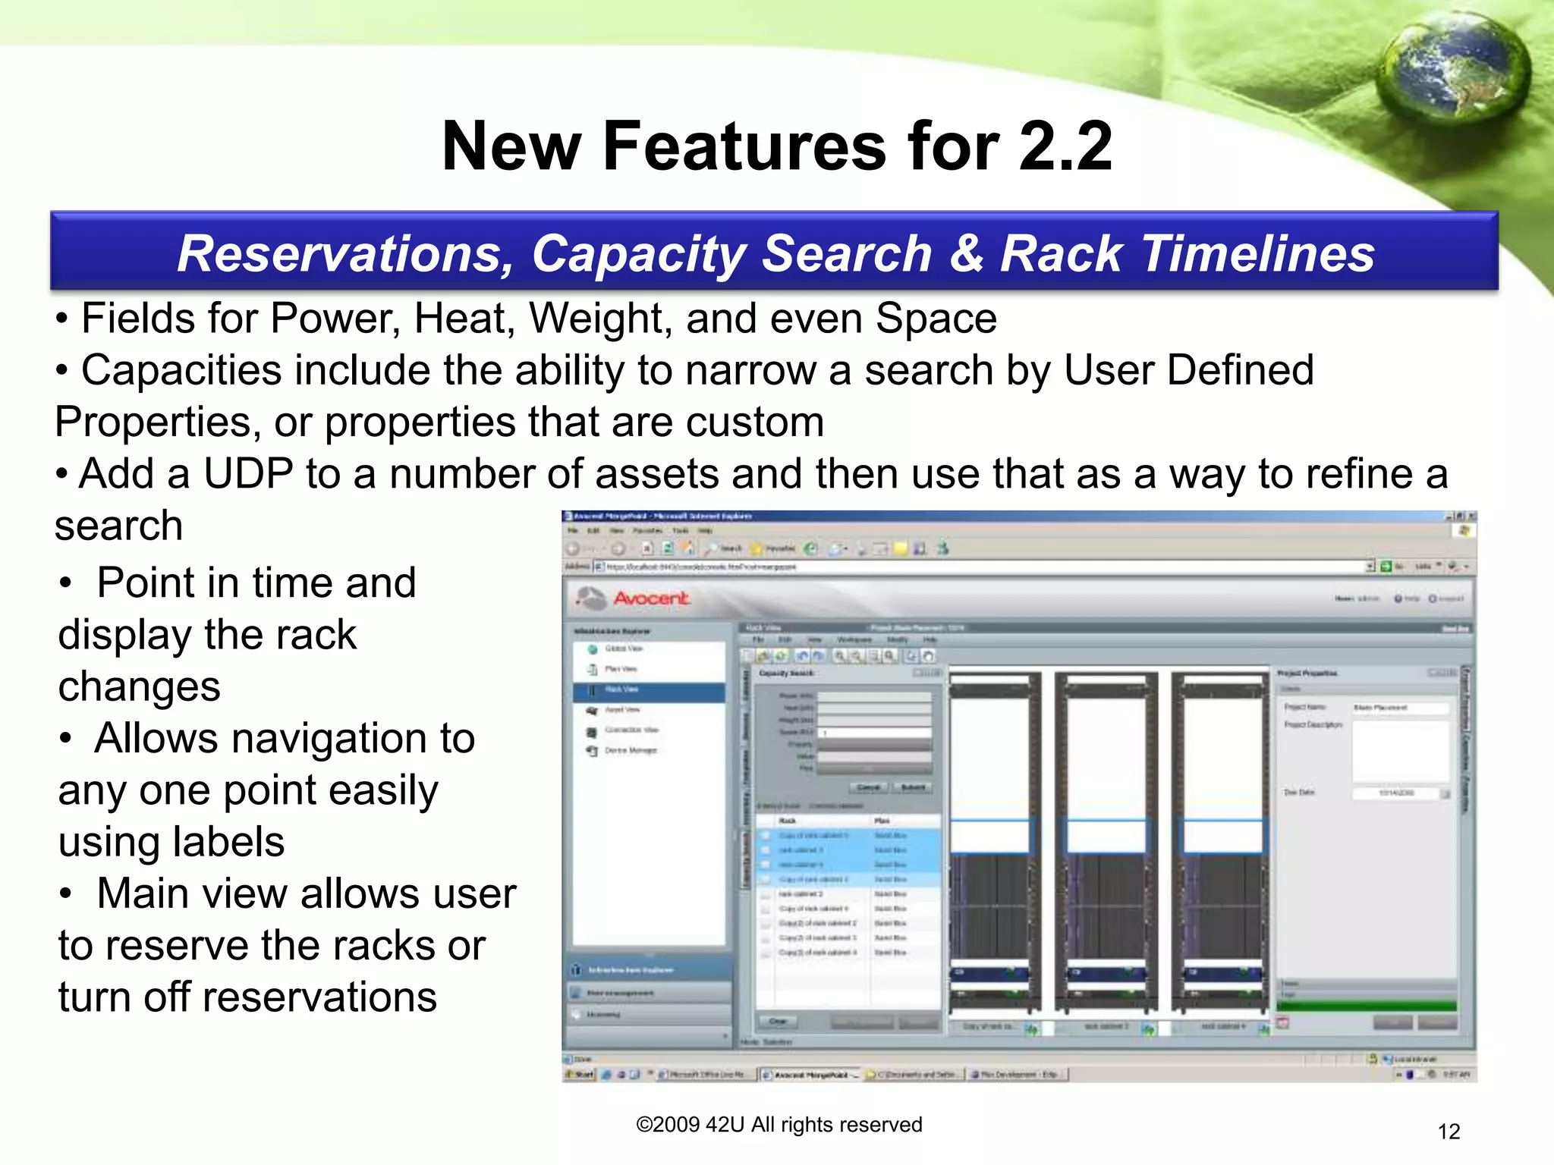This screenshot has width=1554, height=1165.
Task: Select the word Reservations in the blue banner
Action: [345, 253]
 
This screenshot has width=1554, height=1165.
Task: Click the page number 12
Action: [1449, 1132]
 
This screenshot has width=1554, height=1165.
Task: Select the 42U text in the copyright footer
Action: [725, 1125]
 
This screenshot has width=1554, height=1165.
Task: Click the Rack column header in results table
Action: [788, 821]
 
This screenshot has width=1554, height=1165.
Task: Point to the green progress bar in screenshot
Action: [1366, 1006]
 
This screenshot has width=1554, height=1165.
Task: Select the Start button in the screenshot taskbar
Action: [580, 1075]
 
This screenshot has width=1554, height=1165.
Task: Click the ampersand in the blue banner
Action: [966, 253]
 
